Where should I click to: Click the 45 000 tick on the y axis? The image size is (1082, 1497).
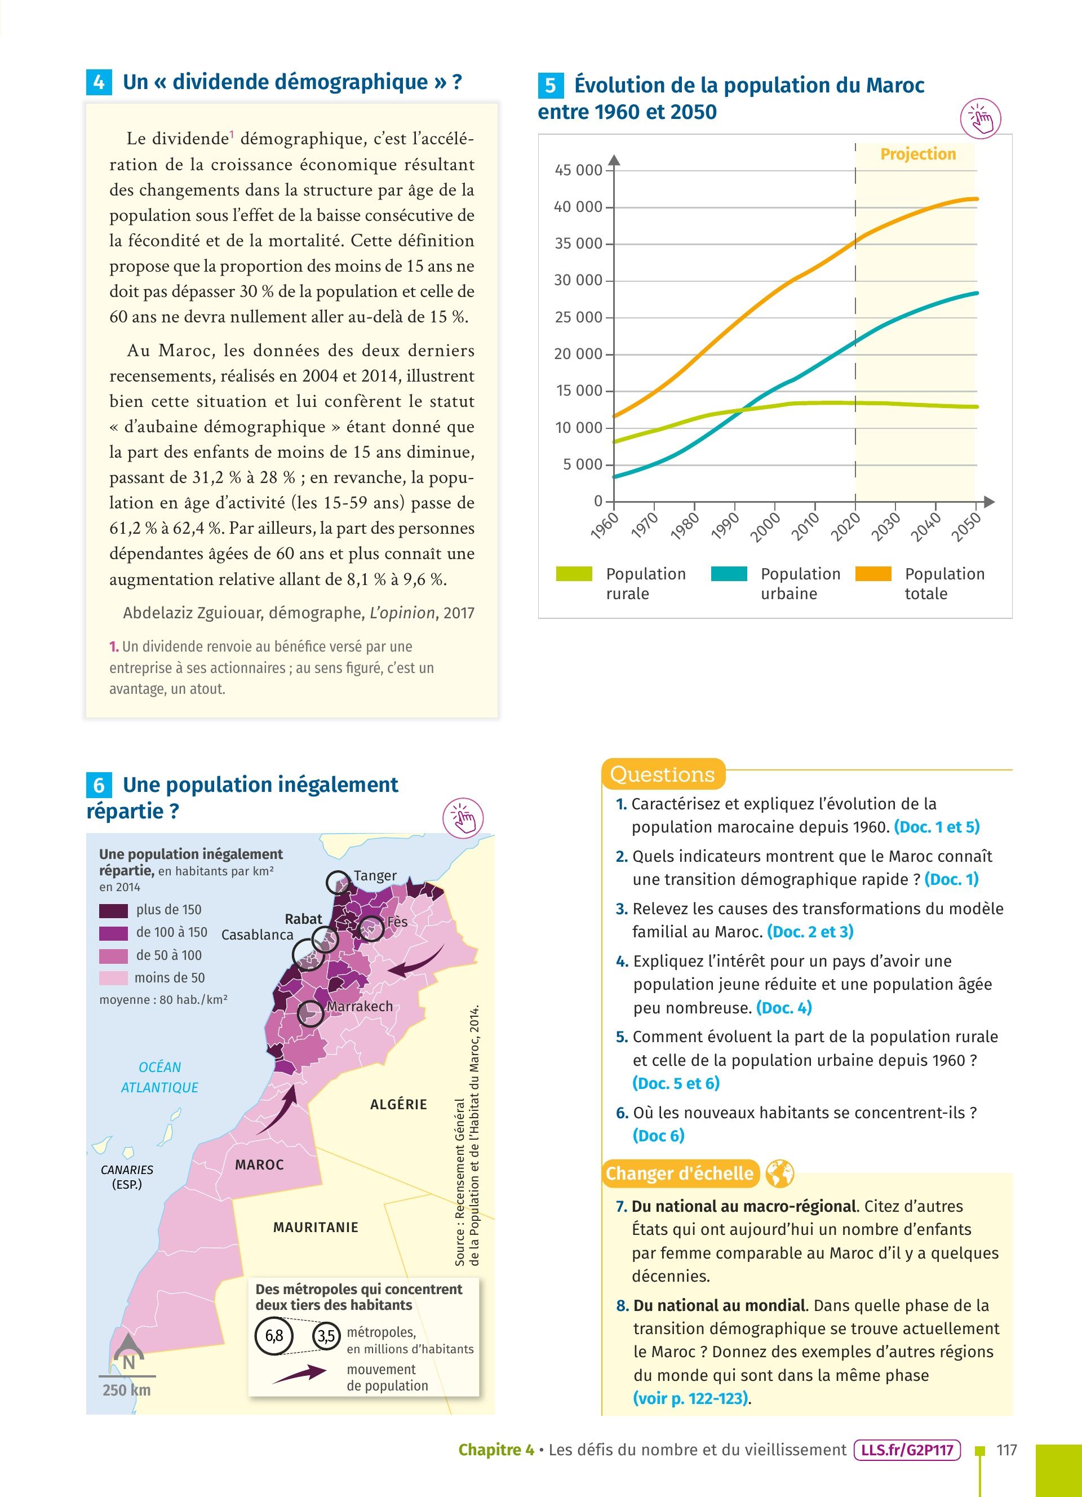pyautogui.click(x=579, y=170)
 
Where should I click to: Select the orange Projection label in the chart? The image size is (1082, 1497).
pyautogui.click(x=917, y=154)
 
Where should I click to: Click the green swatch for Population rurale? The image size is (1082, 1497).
pyautogui.click(x=574, y=574)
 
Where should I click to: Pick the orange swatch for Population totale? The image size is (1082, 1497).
pyautogui.click(x=873, y=574)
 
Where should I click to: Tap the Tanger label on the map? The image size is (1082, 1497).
pyautogui.click(x=375, y=875)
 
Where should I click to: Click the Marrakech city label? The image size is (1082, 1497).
pyautogui.click(x=360, y=1007)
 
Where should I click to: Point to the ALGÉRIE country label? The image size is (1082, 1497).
pyautogui.click(x=398, y=1104)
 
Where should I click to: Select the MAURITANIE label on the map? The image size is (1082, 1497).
pyautogui.click(x=316, y=1227)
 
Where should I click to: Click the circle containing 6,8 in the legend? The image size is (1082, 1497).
pyautogui.click(x=274, y=1336)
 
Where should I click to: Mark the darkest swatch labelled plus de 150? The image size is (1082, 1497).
pyautogui.click(x=113, y=910)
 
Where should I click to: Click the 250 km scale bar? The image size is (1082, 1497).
pyautogui.click(x=127, y=1376)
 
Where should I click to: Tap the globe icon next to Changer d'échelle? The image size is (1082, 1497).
pyautogui.click(x=779, y=1173)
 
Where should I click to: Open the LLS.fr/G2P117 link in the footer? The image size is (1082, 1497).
pyautogui.click(x=907, y=1450)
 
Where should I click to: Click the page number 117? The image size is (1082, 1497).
pyautogui.click(x=1006, y=1450)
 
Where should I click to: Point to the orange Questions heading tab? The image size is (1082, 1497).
pyautogui.click(x=662, y=774)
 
